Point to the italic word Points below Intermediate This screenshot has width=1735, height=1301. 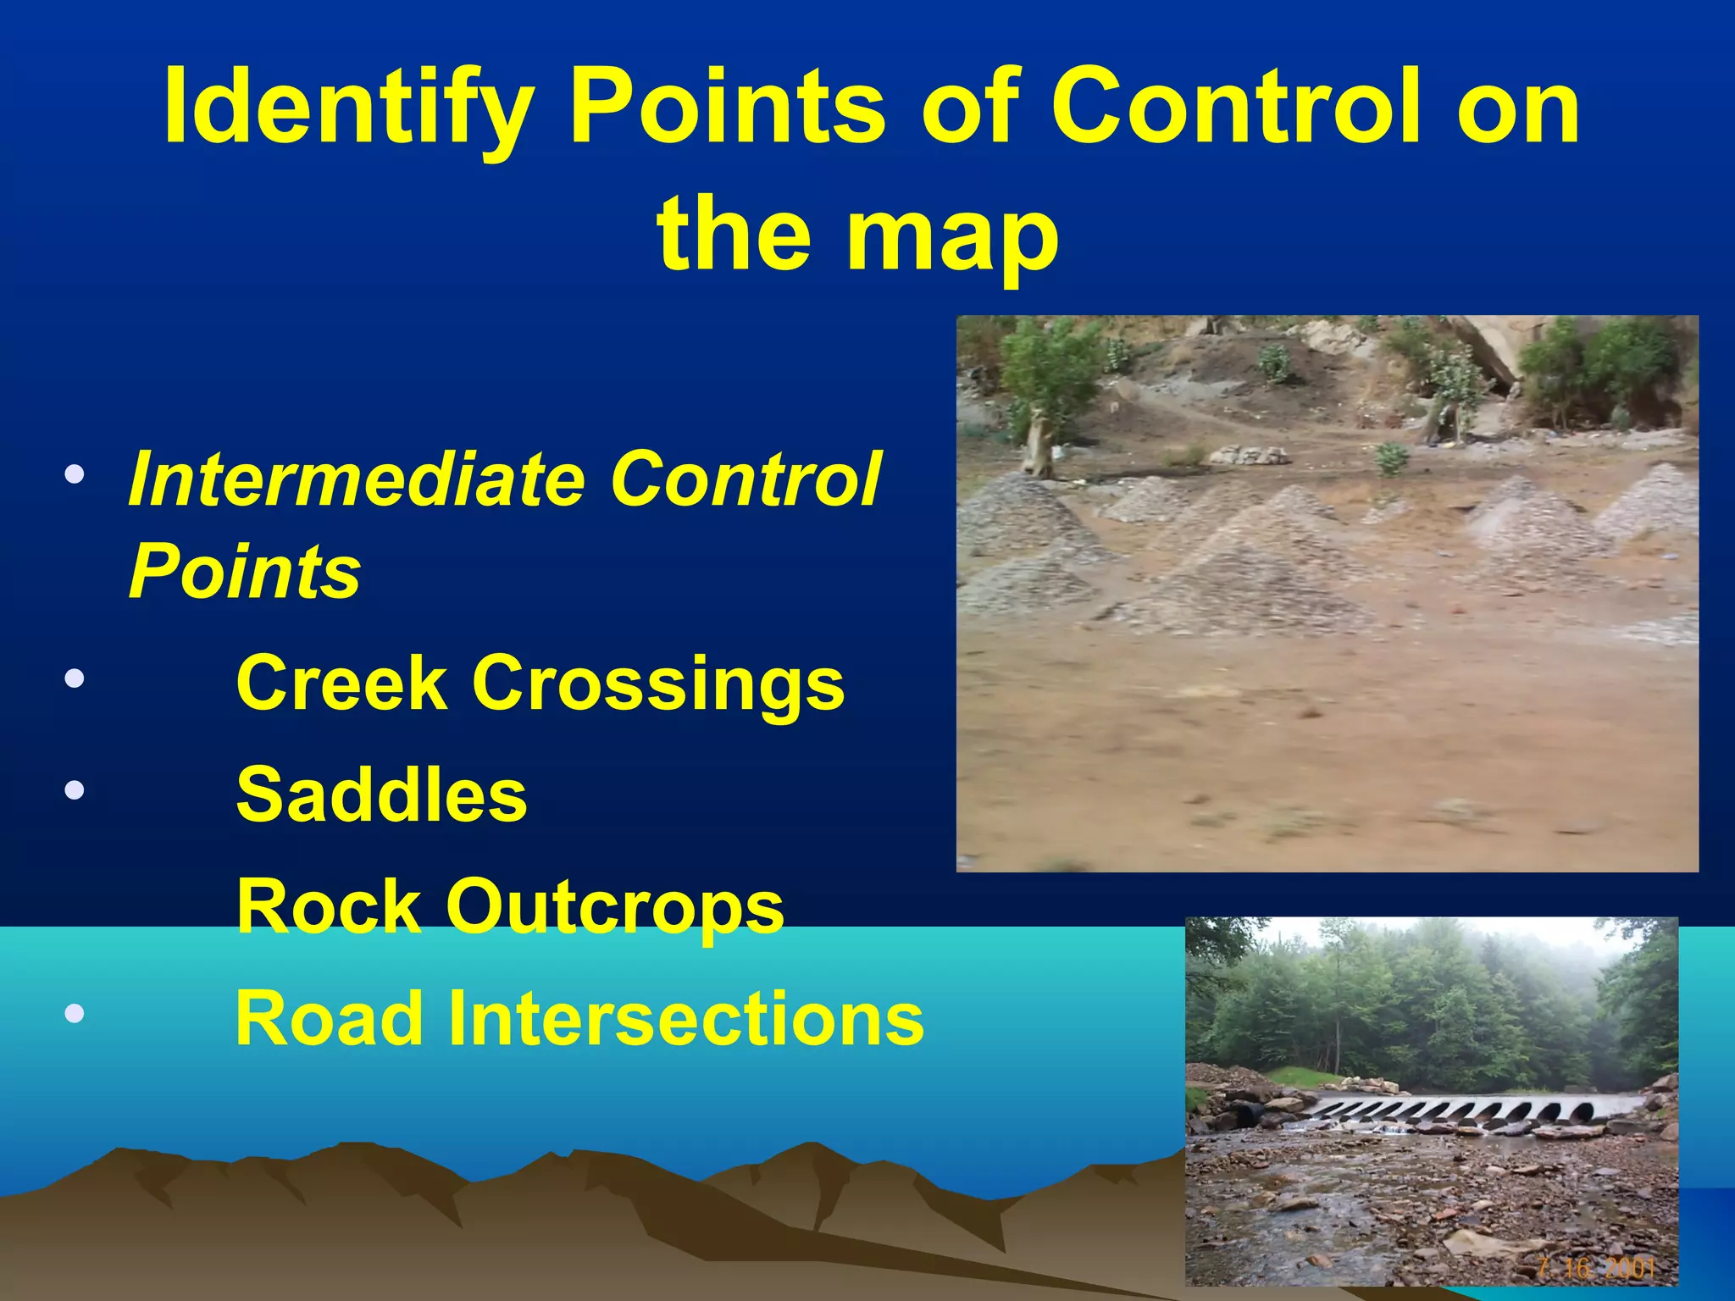pyautogui.click(x=245, y=571)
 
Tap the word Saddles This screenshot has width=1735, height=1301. pyautogui.click(x=382, y=794)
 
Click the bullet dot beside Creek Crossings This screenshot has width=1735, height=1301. pyautogui.click(x=75, y=678)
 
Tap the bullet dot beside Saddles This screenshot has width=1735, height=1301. pyautogui.click(x=75, y=790)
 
